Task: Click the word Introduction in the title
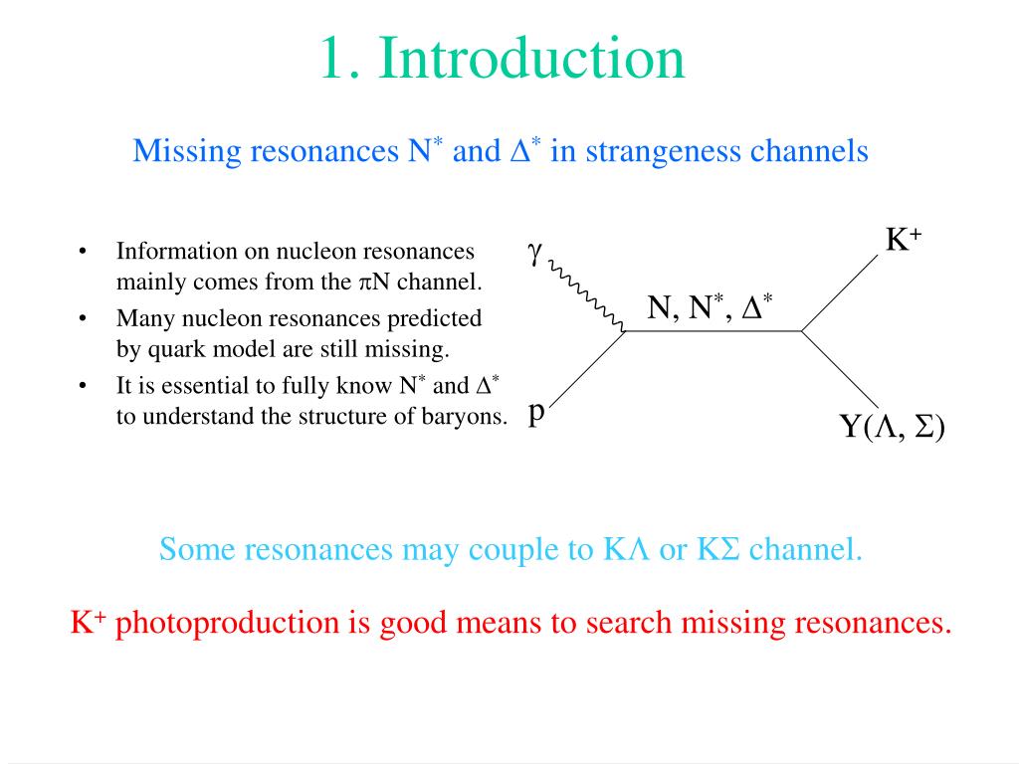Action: tap(531, 59)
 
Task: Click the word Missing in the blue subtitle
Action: tap(188, 151)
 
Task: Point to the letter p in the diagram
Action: tap(536, 411)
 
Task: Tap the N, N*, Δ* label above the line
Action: tap(710, 308)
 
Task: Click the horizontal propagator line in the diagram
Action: tap(713, 330)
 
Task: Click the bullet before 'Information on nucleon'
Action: tap(84, 252)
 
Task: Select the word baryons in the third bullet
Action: tap(468, 416)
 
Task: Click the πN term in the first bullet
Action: tap(374, 282)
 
